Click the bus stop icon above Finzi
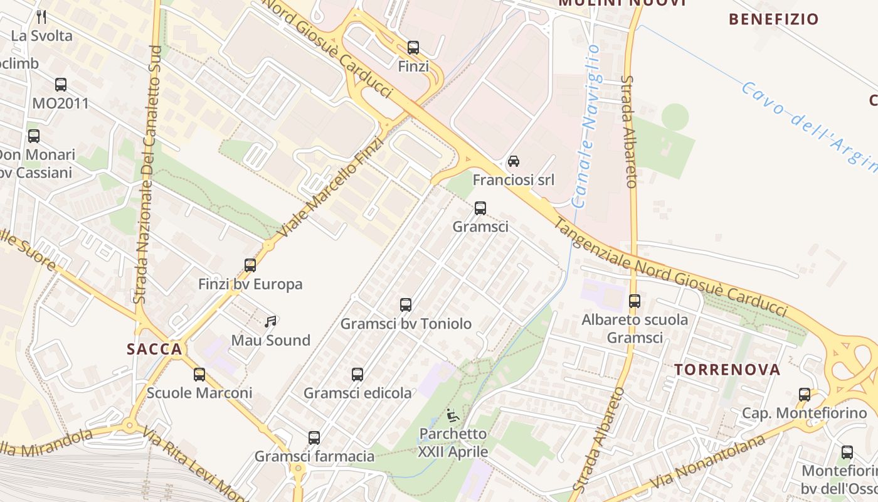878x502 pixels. pyautogui.click(x=413, y=48)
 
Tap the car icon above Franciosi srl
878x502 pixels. pyautogui.click(x=513, y=161)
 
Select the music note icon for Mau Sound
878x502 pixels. pyautogui.click(x=270, y=322)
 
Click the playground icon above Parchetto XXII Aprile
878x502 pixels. pyautogui.click(x=452, y=415)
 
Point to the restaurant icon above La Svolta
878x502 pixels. pyautogui.click(x=42, y=17)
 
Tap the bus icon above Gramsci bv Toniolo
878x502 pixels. pyautogui.click(x=406, y=305)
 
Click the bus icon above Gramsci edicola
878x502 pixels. pyautogui.click(x=357, y=375)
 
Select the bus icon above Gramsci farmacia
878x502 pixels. pyautogui.click(x=314, y=437)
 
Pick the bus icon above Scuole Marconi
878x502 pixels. pyautogui.click(x=199, y=375)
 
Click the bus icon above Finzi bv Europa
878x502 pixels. pyautogui.click(x=250, y=265)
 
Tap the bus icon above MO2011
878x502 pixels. pyautogui.click(x=61, y=85)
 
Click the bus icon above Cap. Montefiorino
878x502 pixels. pyautogui.click(x=805, y=395)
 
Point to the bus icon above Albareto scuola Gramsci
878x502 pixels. pyautogui.click(x=635, y=301)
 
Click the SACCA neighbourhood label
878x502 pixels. pyautogui.click(x=154, y=350)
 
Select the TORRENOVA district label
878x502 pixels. pyautogui.click(x=727, y=370)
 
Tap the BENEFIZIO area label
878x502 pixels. pyautogui.click(x=774, y=19)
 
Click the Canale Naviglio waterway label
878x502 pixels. pyautogui.click(x=588, y=125)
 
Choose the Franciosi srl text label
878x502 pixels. pyautogui.click(x=514, y=180)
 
